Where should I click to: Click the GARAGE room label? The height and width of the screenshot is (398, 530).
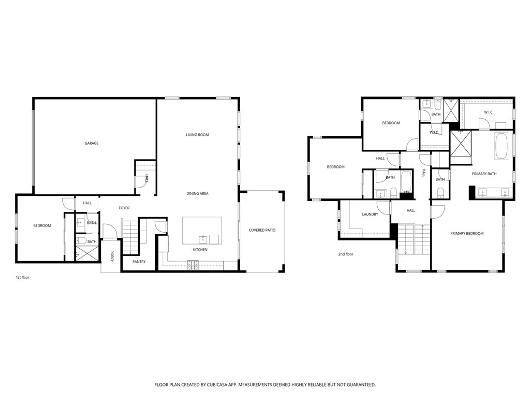92,143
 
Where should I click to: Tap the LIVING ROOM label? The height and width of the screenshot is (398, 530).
197,135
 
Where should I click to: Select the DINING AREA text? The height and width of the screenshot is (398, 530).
197,193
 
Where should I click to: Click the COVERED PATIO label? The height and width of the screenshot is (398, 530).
262,230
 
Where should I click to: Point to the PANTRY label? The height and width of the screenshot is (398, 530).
139,262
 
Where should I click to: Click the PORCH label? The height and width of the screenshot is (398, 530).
111,256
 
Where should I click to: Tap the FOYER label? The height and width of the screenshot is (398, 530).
124,208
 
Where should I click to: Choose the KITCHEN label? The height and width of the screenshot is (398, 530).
200,250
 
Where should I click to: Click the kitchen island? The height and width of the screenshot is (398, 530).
202,230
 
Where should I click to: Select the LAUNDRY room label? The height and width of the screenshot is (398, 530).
370,214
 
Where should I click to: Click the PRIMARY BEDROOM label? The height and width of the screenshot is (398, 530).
467,233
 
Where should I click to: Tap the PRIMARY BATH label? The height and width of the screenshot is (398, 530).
484,174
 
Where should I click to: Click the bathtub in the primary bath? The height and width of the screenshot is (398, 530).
502,146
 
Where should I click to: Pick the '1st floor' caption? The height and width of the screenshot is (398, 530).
23,277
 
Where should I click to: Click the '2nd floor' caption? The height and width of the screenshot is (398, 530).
346,254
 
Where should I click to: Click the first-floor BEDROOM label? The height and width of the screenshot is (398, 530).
42,225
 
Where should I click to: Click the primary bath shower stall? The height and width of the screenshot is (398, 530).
460,143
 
